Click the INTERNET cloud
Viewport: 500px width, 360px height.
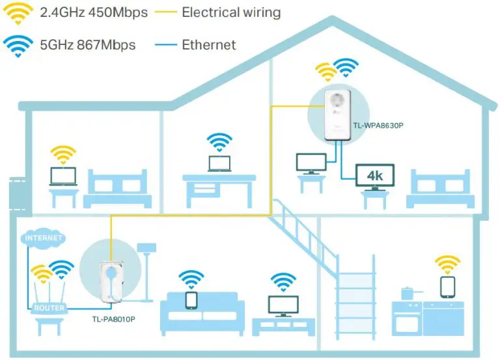click(43, 238)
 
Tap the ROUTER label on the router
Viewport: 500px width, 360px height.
click(49, 308)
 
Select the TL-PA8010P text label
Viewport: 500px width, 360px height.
click(113, 319)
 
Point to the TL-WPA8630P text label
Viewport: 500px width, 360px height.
click(378, 126)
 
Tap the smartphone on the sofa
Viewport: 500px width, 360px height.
click(191, 300)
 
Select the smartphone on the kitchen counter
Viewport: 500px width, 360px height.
click(447, 287)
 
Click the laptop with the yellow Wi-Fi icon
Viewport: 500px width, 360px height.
click(63, 176)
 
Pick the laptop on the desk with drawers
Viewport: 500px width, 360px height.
click(219, 164)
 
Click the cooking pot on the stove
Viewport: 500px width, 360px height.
click(408, 294)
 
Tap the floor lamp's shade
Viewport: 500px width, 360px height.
click(146, 248)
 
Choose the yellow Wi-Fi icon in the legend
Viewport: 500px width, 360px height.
click(18, 14)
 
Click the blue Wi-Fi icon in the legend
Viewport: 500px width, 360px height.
click(18, 46)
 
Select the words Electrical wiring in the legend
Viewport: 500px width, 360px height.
click(231, 12)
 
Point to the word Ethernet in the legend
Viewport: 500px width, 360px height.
click(209, 45)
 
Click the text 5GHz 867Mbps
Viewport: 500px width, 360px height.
click(88, 45)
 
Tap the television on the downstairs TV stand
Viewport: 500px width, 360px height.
click(283, 306)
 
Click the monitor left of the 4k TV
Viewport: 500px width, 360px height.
click(311, 163)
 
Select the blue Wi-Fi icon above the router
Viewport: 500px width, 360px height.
click(62, 269)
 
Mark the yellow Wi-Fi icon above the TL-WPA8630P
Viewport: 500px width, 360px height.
click(326, 72)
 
